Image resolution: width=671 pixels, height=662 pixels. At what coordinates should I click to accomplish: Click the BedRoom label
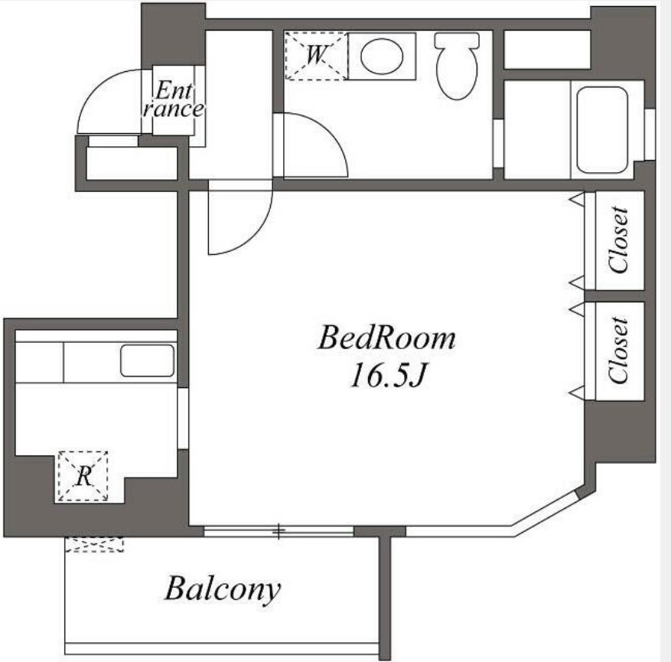(386, 338)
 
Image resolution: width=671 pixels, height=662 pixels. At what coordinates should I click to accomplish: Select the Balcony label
(223, 590)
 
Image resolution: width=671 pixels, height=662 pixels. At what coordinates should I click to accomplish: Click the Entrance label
(174, 99)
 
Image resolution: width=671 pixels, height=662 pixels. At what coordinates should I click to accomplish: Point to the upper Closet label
(618, 240)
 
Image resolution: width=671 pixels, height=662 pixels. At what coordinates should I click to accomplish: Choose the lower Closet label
(618, 350)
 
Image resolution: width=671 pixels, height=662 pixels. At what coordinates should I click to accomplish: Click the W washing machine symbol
(316, 56)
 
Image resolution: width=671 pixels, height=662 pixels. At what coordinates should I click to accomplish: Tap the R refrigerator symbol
(83, 476)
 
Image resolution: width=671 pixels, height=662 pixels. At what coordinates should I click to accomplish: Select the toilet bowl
(457, 67)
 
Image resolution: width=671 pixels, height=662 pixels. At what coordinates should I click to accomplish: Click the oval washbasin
(382, 56)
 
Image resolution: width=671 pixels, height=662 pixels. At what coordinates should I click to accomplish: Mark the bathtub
(601, 129)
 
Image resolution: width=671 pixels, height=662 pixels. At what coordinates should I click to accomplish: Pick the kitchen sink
(147, 360)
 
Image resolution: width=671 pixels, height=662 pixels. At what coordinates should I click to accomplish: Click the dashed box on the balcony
(94, 544)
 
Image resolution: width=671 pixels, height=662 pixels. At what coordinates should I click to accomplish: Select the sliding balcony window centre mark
(278, 531)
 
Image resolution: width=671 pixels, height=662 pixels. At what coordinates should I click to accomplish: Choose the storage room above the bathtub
(547, 49)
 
